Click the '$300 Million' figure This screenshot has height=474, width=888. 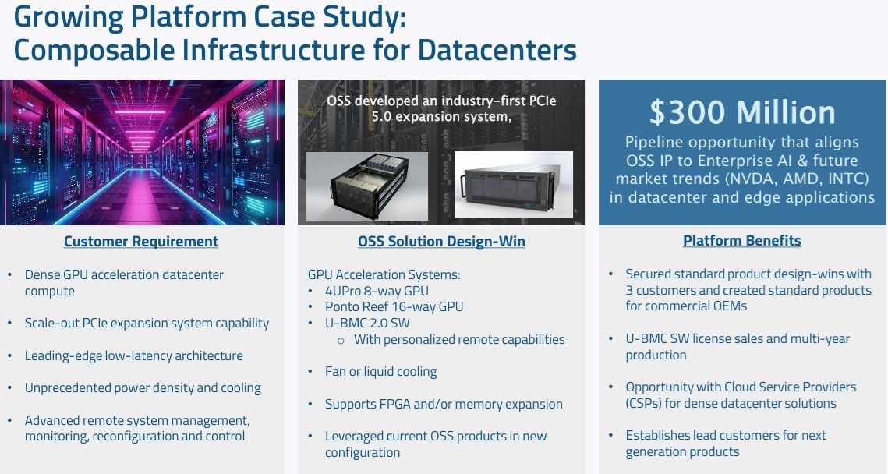742,112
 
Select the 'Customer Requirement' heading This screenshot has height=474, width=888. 141,241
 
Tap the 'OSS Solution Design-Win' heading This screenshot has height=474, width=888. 441,241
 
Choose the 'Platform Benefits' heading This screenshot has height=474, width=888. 742,241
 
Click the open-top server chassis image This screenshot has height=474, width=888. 366,186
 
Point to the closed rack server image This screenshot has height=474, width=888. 513,184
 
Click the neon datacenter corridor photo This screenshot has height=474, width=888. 142,152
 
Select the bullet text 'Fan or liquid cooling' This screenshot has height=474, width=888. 380,372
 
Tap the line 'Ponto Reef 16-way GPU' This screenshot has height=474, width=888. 394,306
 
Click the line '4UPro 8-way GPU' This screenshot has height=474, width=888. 377,291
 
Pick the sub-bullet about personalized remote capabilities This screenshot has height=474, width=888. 459,339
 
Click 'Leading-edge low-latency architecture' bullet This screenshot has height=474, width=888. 133,355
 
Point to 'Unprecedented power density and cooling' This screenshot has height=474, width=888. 143,388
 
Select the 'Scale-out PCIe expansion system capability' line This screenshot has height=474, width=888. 147,323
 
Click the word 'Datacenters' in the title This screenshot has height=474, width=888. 497,49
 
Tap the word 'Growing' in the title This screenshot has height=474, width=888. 69,17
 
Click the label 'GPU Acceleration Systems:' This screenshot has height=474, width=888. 384,274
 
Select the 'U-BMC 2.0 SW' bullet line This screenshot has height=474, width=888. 367,323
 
